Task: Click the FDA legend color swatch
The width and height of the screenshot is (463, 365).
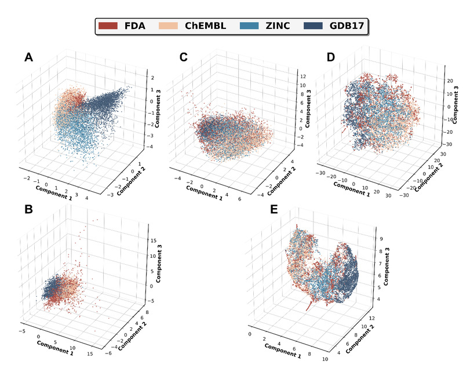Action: pos(108,26)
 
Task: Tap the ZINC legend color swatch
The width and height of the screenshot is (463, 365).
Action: pos(251,26)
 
